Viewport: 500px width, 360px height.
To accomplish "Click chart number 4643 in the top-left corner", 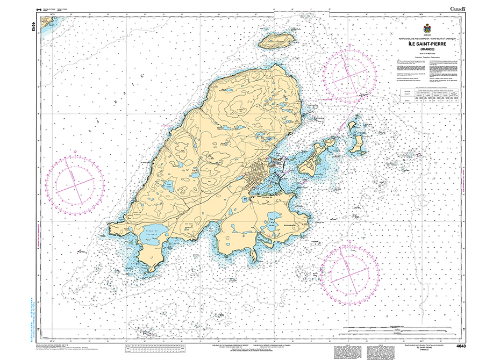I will click(34, 26).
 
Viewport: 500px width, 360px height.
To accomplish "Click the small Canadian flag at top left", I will click(38, 10).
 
